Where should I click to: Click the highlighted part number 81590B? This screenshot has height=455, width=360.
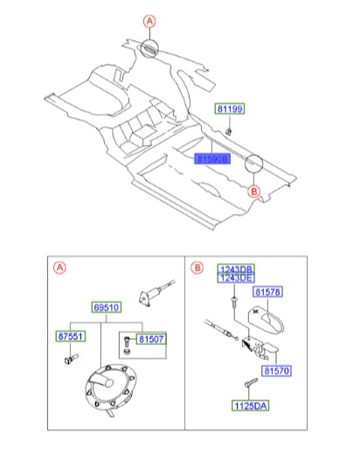click(212, 159)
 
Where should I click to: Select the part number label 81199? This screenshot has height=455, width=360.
click(230, 109)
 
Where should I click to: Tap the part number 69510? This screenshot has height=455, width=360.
click(107, 307)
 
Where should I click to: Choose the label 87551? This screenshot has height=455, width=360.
click(71, 336)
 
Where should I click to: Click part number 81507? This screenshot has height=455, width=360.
click(151, 339)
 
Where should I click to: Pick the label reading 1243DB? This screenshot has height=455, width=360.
click(236, 269)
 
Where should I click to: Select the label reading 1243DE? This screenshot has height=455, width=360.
click(236, 278)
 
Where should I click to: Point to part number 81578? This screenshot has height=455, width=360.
click(267, 292)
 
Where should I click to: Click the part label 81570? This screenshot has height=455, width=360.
click(276, 371)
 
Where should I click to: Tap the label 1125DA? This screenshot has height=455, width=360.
click(251, 405)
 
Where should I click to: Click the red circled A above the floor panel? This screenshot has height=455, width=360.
click(149, 22)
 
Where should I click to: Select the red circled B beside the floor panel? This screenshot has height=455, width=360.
click(254, 191)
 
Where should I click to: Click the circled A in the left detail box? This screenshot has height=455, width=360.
click(59, 267)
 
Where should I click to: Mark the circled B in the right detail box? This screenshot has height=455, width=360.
click(197, 267)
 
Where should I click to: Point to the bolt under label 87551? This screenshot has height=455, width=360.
click(71, 359)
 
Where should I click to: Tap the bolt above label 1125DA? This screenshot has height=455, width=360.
click(251, 383)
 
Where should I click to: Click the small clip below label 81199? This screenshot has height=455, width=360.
click(229, 131)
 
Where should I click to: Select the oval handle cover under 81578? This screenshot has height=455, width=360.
click(266, 320)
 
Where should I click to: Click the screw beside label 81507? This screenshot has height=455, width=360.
click(127, 341)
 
